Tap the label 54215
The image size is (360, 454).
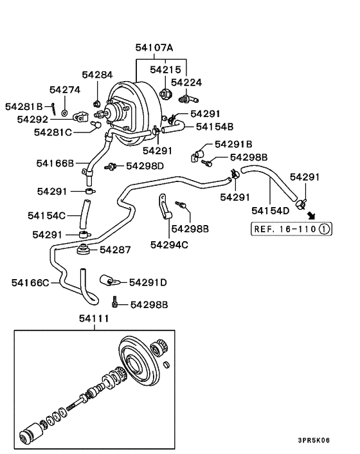tap(165, 69)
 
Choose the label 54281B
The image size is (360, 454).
tap(24, 106)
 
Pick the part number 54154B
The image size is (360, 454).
tap(215, 127)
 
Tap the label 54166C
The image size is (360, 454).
tap(30, 282)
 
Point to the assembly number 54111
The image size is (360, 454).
tap(94, 318)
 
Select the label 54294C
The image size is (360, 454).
tap(169, 244)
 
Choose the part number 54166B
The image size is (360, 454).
tap(55, 163)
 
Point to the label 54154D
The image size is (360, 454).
tap(271, 210)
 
